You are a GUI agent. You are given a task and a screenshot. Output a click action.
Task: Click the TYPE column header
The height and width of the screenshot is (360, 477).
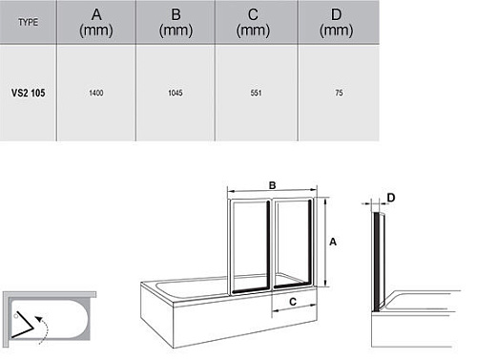29,22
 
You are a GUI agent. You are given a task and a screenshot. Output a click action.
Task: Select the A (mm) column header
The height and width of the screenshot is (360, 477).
96,23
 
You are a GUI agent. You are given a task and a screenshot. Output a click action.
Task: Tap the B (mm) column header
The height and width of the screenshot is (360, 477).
176,23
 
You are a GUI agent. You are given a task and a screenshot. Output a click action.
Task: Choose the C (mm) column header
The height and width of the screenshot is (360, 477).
253,23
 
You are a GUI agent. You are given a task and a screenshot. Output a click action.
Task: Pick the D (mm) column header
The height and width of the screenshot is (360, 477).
336,23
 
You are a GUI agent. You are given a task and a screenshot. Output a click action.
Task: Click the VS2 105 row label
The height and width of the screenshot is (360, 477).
29,93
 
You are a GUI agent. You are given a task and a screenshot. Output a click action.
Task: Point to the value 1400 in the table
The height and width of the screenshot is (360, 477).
96,93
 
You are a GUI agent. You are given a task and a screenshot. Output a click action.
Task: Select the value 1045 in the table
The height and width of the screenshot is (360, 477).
176,93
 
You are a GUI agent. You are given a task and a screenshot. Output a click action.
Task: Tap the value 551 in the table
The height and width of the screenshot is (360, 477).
256,93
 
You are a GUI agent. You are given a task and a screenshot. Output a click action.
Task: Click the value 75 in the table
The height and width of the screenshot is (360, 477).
339,93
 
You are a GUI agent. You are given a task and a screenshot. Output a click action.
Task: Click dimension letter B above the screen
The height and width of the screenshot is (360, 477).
272,185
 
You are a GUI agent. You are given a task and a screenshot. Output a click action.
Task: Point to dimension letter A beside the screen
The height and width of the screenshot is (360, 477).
333,242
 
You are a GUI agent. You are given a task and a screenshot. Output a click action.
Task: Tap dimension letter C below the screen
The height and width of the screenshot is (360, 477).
293,302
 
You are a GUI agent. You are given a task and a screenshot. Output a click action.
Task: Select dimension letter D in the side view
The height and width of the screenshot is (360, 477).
391,198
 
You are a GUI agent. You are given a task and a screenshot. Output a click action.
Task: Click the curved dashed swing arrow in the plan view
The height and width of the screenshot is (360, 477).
44,328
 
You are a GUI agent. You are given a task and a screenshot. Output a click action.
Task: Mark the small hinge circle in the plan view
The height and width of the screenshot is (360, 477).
16,316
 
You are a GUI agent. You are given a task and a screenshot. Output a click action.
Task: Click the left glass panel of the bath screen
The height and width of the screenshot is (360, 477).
250,245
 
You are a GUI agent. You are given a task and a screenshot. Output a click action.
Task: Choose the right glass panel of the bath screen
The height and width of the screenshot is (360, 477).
293,244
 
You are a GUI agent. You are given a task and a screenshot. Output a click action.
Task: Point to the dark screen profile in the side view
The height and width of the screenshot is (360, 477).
377,261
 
